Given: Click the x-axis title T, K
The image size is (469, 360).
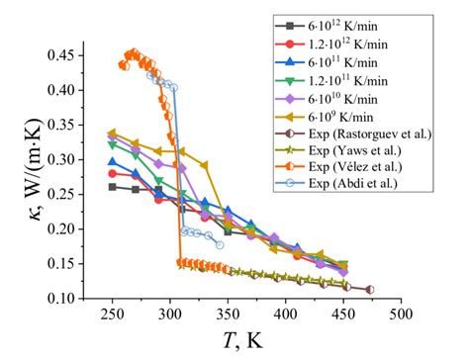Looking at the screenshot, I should (x=255, y=341).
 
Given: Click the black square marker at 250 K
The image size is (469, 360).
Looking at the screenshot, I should (x=112, y=186).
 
